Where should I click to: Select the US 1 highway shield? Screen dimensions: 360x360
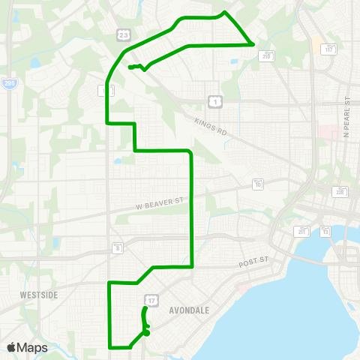(214, 100)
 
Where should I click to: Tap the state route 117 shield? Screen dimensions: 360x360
(328, 49)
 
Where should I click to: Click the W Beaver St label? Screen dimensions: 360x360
(160, 202)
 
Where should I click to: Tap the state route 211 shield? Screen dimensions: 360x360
(302, 230)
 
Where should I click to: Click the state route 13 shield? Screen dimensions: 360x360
(325, 231)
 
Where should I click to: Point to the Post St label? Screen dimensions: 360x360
(253, 262)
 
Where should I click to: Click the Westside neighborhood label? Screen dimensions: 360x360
(39, 295)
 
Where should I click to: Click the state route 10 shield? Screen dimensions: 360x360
(258, 184)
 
